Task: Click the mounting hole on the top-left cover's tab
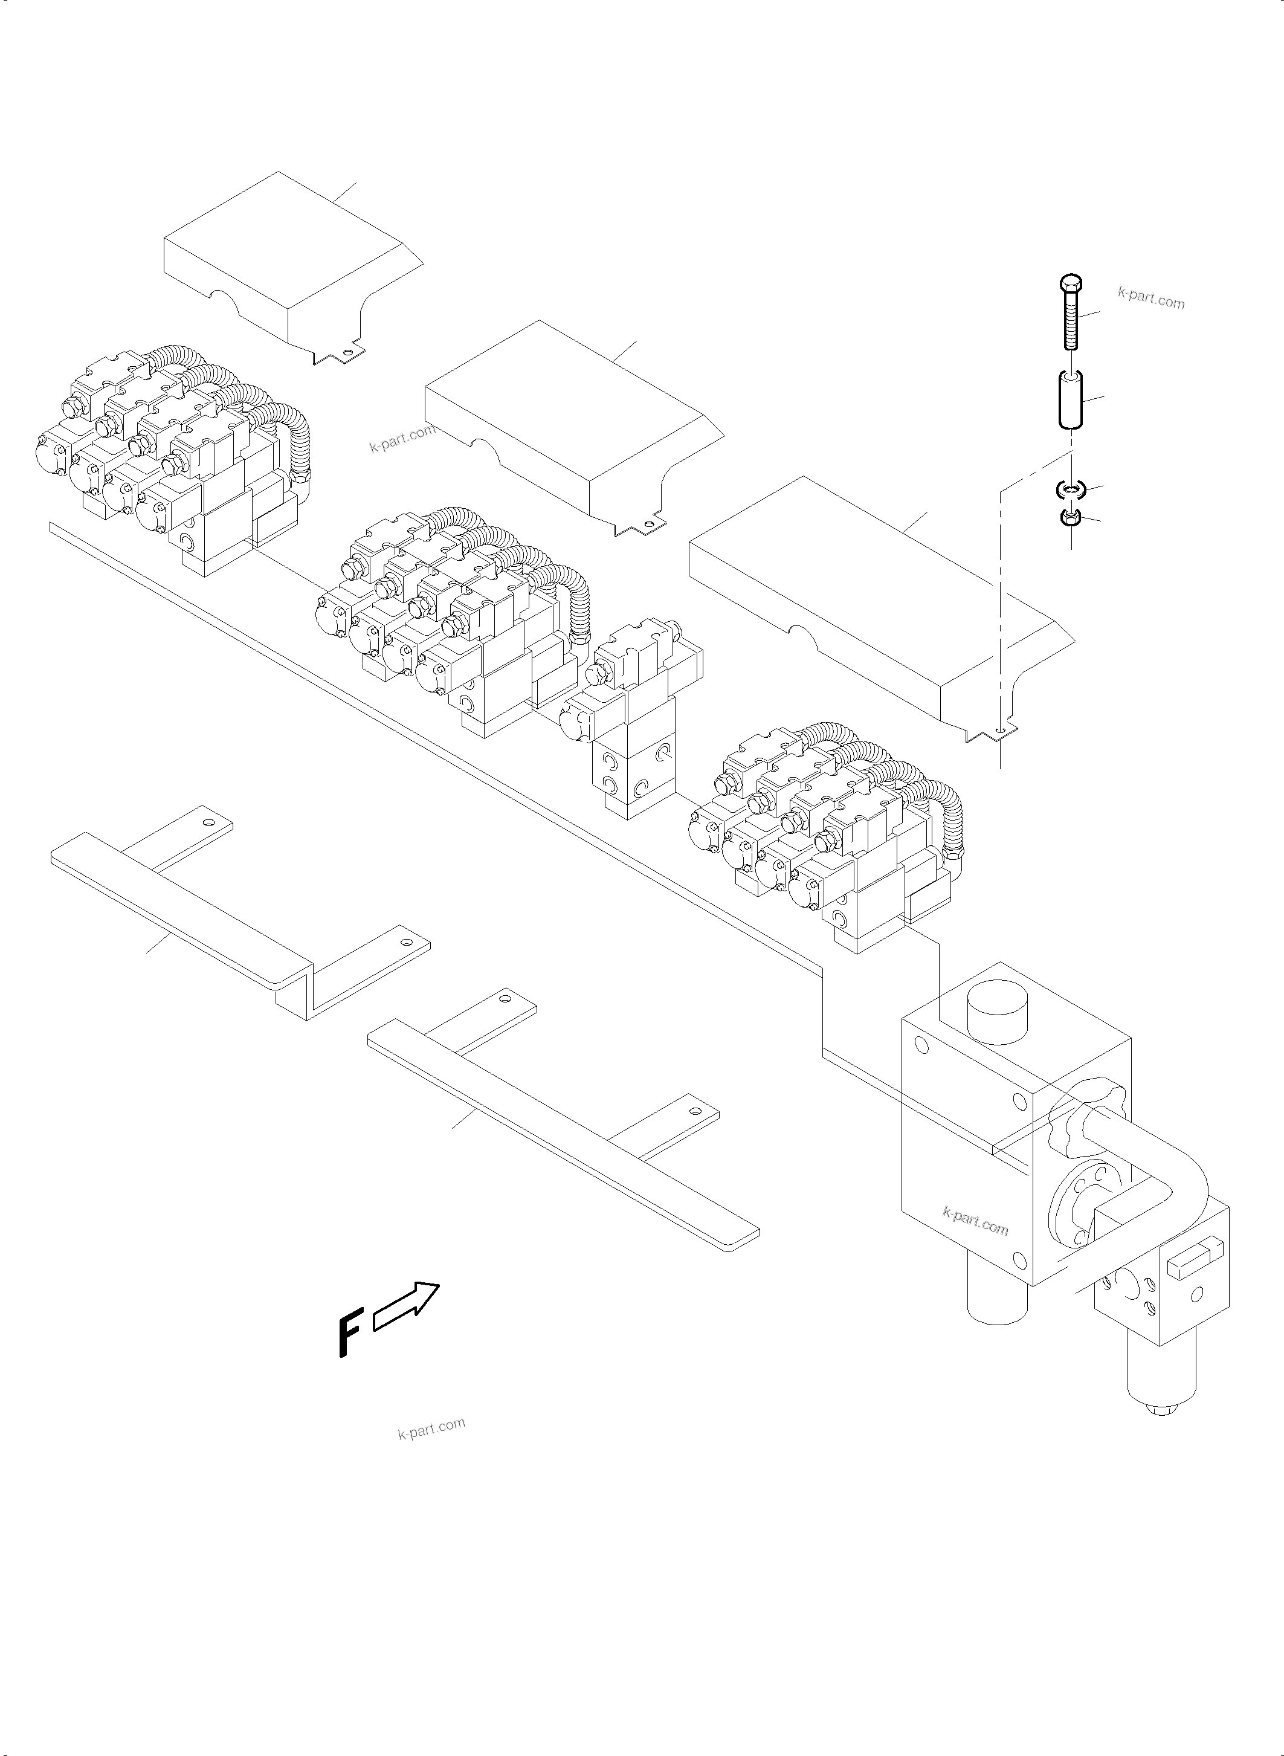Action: [347, 353]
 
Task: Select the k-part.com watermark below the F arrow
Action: [431, 1428]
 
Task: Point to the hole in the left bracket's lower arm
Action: [404, 941]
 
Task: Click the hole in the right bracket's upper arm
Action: [506, 999]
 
